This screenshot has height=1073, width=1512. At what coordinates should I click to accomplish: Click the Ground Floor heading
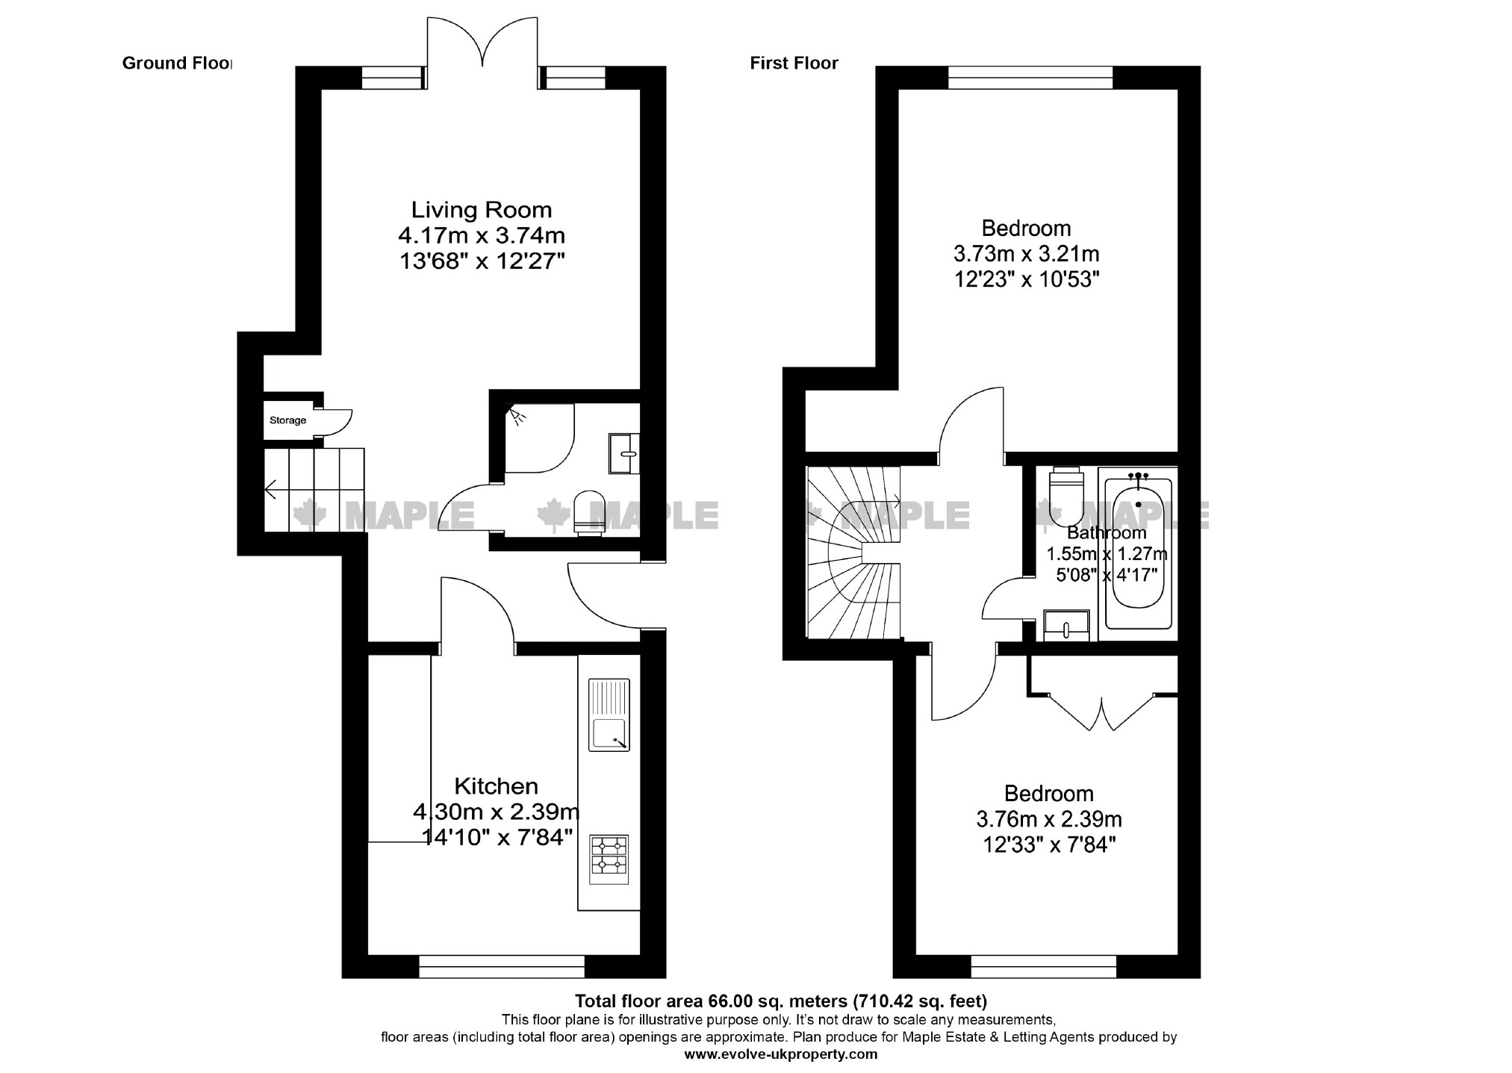point(177,63)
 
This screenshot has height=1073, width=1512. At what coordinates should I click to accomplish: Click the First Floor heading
point(794,63)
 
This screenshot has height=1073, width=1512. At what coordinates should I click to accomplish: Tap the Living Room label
point(482,210)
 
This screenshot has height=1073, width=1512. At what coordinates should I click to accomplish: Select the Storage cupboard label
point(287,420)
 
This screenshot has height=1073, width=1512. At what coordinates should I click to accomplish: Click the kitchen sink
point(609,715)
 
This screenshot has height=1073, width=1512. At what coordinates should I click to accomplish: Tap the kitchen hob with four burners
point(609,859)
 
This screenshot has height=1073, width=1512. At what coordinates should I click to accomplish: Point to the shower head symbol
point(516,415)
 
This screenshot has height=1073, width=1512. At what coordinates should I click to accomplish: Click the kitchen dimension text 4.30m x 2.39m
point(496,811)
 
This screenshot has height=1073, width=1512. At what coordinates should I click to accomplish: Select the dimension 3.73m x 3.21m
point(1026,254)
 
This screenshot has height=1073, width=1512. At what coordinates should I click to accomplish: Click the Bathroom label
point(1106,532)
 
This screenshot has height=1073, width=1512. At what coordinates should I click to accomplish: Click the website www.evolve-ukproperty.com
point(780,1054)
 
